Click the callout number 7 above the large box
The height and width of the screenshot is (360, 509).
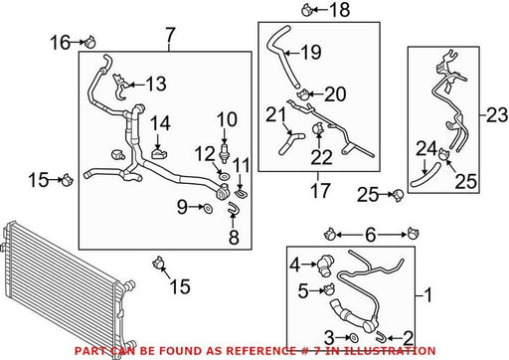[169, 35]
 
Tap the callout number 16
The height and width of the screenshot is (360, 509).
[61, 43]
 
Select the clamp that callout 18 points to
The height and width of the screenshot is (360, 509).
[307, 10]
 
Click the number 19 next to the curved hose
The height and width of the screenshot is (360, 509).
[311, 52]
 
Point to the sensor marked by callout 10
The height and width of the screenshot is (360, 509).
[225, 152]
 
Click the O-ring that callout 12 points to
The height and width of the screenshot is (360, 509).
[224, 175]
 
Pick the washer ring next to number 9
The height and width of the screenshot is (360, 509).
[208, 209]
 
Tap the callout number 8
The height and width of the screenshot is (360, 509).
[234, 237]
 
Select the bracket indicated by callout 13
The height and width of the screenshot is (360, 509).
[119, 87]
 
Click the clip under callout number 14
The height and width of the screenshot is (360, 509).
[159, 154]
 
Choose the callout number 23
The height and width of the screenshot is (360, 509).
[497, 114]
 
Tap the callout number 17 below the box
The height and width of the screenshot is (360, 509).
[320, 190]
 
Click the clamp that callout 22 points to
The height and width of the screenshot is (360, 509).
[317, 128]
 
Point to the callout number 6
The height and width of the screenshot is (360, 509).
[371, 235]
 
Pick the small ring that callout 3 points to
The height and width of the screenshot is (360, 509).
[353, 338]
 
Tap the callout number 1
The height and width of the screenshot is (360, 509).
[428, 294]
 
